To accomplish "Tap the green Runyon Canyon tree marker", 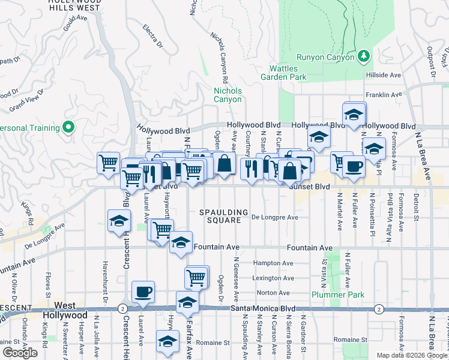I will click(363, 56).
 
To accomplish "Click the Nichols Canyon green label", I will click(228, 95).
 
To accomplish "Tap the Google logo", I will click(20, 353).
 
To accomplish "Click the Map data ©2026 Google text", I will click(412, 355).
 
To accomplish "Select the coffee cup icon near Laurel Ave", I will click(143, 292).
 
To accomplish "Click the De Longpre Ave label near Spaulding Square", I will click(274, 217).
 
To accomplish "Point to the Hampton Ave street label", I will click(273, 263).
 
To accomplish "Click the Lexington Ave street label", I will click(274, 278).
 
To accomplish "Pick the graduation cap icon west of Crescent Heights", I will click(119, 221).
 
